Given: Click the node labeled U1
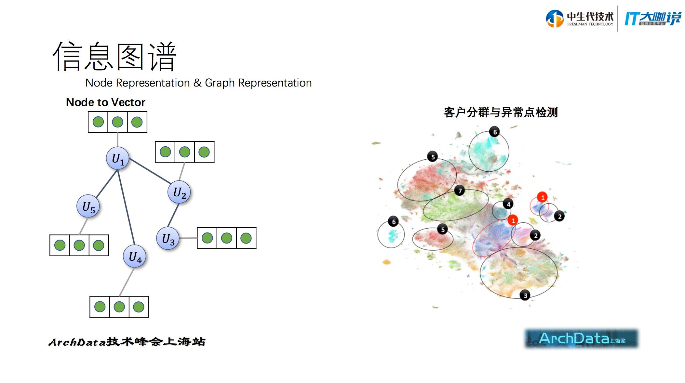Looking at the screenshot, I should coord(117,159).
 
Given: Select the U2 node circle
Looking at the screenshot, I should coord(179,192).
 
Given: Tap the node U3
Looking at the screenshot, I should coord(168,239).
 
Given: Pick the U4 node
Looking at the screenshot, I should coord(135,257).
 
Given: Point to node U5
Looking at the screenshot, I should coord(88,206).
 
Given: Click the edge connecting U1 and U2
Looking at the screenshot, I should coord(149,171).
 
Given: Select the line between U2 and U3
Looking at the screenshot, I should coord(173,215).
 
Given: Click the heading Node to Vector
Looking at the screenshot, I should coord(105,102).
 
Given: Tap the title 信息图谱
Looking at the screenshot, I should coord(114,57).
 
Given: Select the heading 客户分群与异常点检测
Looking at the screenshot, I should coord(501,112).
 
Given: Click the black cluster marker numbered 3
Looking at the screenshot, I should coord(525,296).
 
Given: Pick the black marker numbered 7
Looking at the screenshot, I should coord(460,191).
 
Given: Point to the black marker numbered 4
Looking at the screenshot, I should coord(508,204).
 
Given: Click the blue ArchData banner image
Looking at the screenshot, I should coord(581,339).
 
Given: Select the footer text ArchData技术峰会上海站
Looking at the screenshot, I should coord(127,342).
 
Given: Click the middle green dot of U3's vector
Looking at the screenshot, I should coord(226,238).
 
